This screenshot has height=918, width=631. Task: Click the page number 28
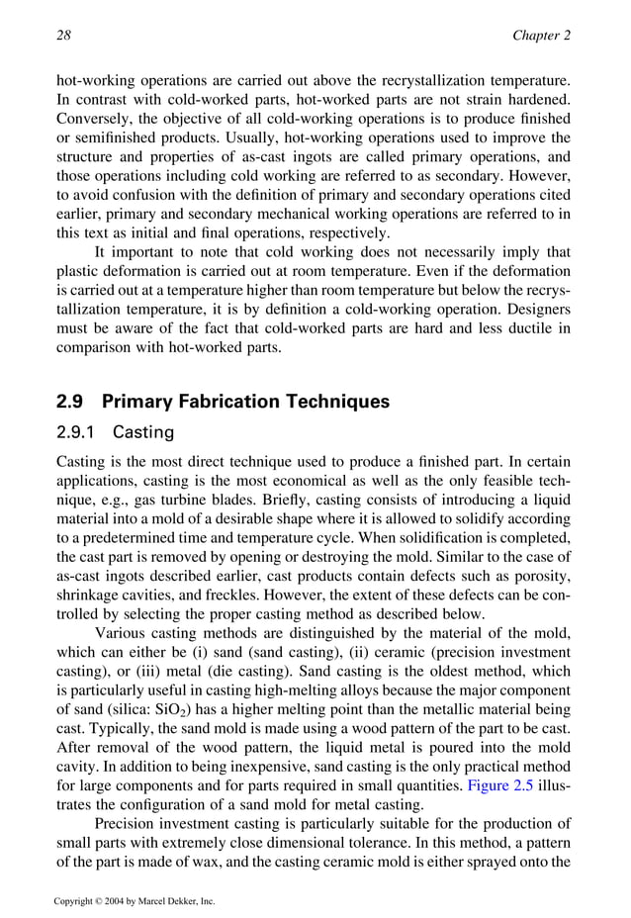(x=64, y=37)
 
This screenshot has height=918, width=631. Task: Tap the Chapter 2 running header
(x=541, y=37)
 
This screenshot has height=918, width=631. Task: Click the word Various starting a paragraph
(x=124, y=632)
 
